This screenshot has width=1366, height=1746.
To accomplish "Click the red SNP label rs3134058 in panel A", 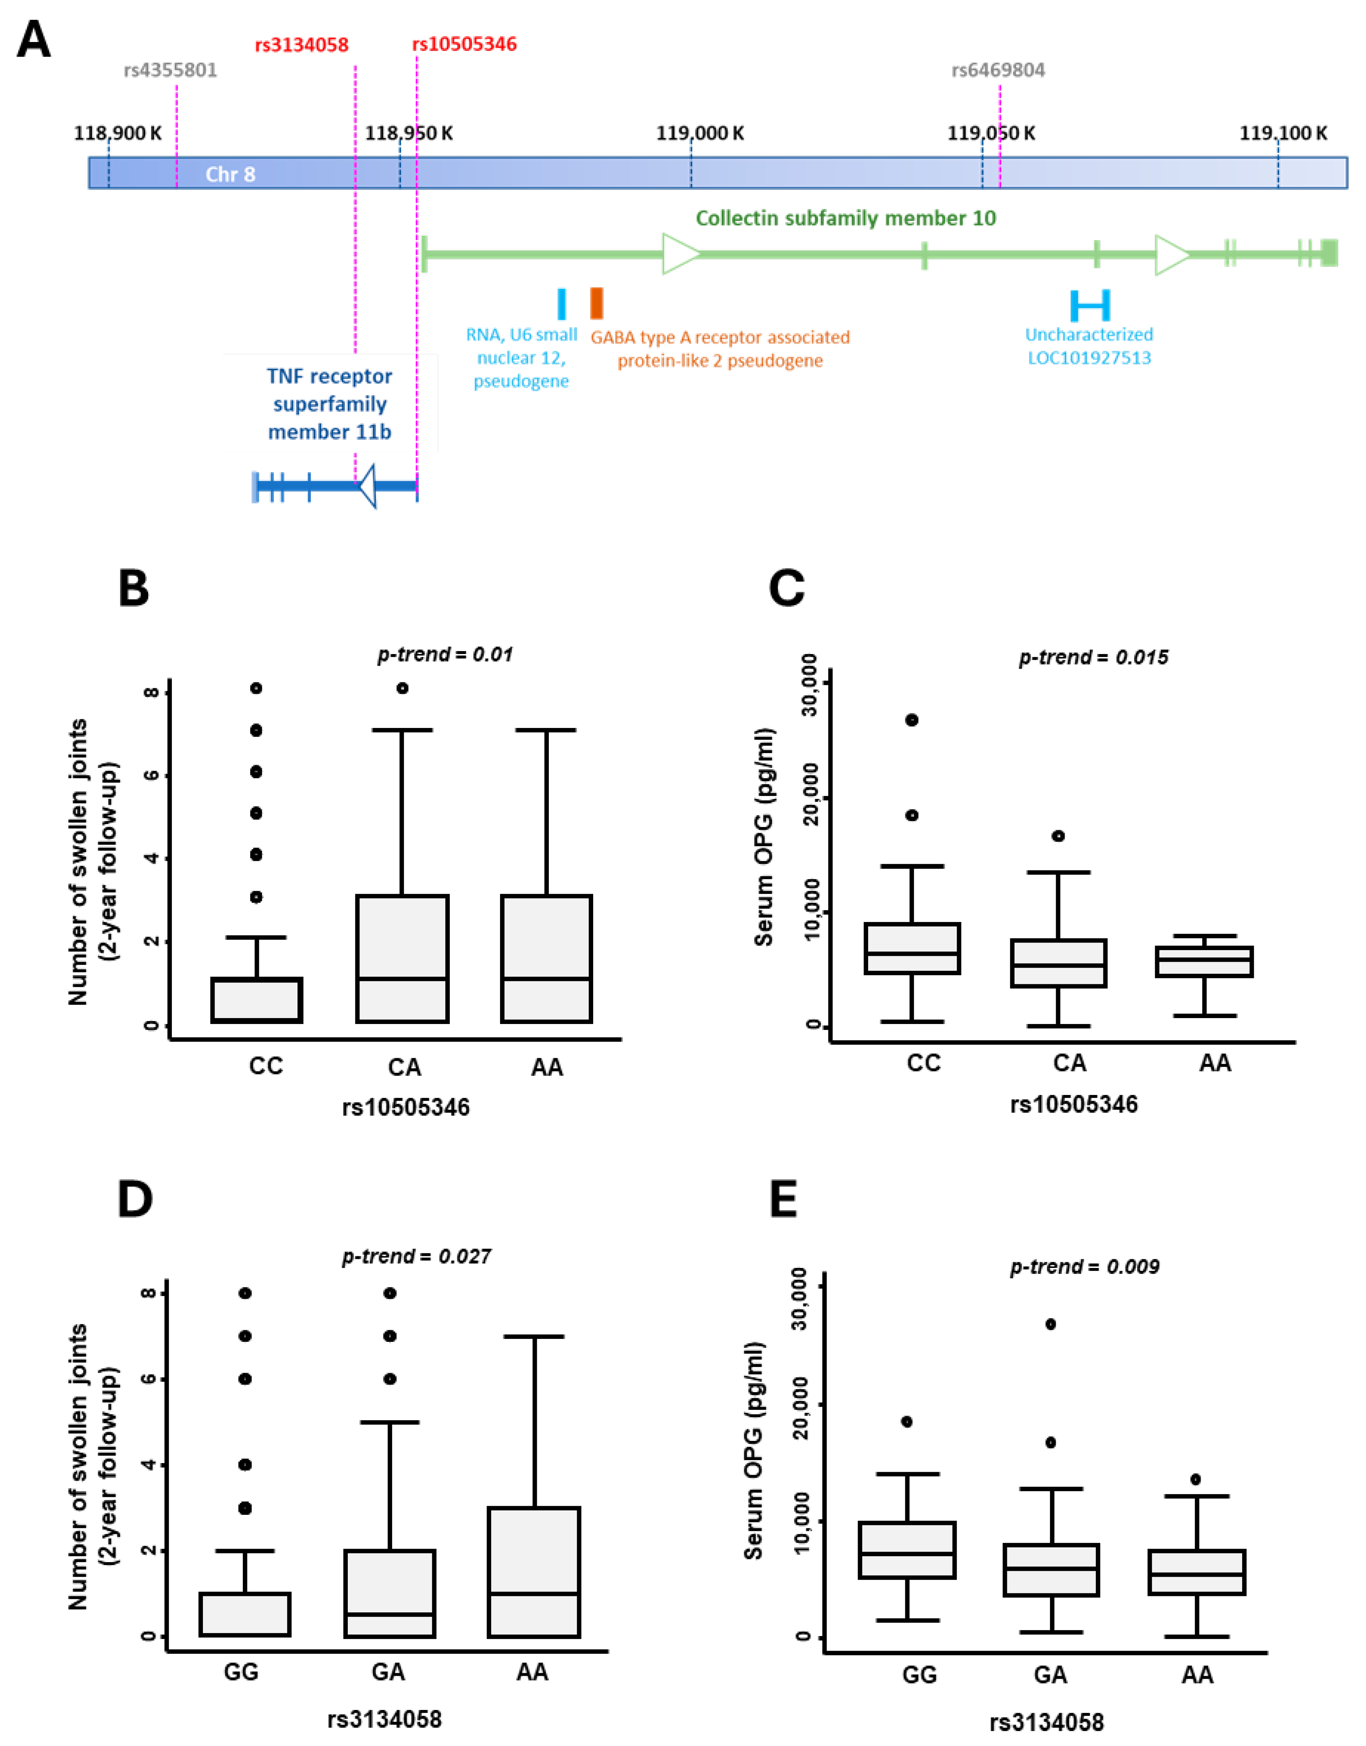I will (302, 45).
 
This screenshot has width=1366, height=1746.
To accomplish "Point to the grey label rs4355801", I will (170, 71).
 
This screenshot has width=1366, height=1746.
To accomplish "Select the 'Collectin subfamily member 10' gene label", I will (845, 218).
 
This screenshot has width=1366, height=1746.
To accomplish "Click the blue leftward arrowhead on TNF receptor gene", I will (367, 485).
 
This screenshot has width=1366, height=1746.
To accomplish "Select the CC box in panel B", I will (257, 1000).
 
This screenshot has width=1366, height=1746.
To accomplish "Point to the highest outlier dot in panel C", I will (911, 720).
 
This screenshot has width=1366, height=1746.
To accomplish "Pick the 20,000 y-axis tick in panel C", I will (809, 797).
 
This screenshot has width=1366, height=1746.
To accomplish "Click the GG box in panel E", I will (907, 1549).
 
